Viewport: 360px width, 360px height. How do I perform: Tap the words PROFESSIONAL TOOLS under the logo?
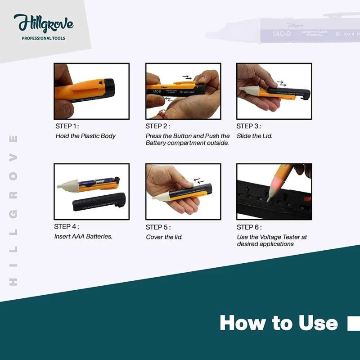click(x=44, y=38)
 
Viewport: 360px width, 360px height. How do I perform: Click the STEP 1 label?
click(x=67, y=126)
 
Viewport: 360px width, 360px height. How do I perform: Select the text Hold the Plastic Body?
click(x=85, y=136)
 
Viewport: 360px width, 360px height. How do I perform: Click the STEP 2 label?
click(x=158, y=126)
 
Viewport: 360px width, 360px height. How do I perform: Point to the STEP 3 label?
click(x=249, y=126)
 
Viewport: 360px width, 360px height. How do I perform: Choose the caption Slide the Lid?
click(x=254, y=136)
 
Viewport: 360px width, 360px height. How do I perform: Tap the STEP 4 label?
click(x=67, y=227)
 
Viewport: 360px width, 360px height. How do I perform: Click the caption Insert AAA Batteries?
click(x=83, y=236)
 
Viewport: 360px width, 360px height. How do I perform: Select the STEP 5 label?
click(x=158, y=227)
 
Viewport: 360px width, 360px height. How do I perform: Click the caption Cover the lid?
click(x=164, y=237)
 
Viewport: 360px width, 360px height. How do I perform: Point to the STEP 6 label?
click(x=249, y=227)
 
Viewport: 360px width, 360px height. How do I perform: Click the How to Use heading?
click(x=279, y=323)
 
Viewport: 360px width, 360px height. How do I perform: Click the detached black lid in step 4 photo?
click(x=99, y=202)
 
